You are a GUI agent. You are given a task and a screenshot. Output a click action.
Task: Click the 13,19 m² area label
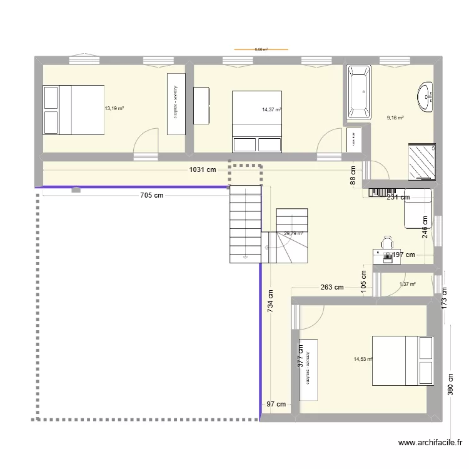pos(114,108)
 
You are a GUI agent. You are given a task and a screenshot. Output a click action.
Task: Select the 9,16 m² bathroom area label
pos(395,118)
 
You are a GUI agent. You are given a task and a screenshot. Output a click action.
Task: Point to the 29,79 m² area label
pos(293,234)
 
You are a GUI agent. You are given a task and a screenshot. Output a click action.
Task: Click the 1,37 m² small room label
pos(408,285)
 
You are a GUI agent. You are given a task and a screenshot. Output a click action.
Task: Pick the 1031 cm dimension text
pos(203,169)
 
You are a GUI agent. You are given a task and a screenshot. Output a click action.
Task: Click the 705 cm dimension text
pos(151,195)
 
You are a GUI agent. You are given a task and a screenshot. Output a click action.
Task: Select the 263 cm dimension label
pos(331,288)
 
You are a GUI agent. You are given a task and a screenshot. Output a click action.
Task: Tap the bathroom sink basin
pos(426,96)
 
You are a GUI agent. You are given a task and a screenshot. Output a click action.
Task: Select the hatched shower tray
pos(421,161)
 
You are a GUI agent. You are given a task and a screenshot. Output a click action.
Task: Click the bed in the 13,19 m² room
pos(73,110)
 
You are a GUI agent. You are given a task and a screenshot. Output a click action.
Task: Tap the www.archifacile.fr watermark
pos(430,443)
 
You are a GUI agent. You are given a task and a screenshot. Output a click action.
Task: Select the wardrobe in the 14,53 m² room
pos(308,370)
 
